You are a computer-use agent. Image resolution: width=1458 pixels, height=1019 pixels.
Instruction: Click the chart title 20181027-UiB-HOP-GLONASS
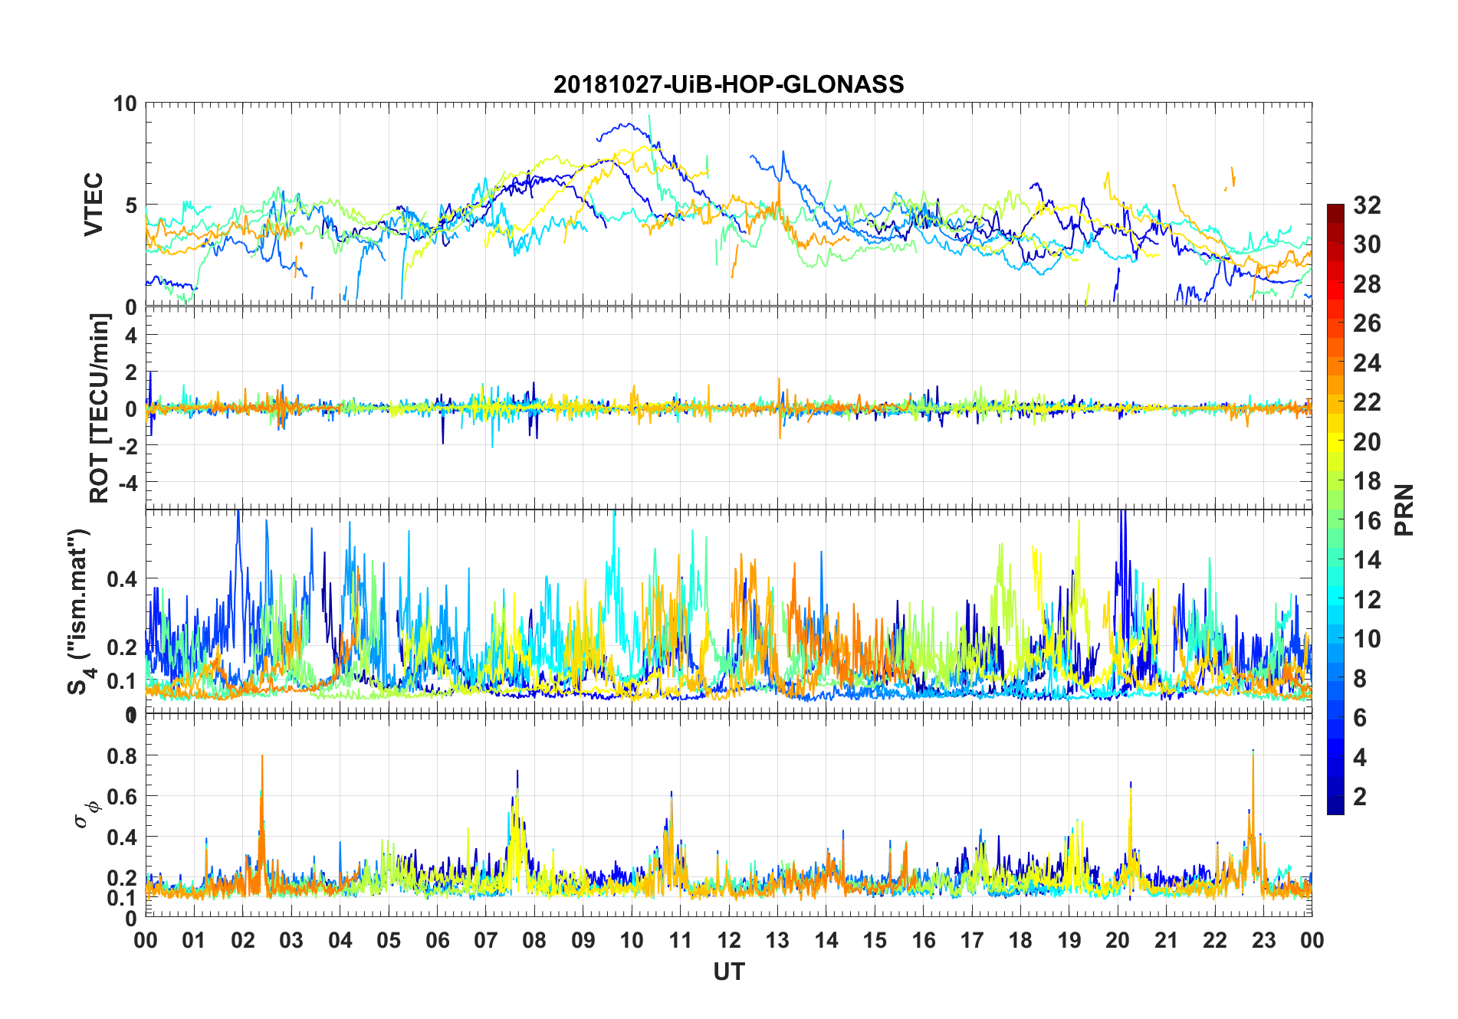[728, 84]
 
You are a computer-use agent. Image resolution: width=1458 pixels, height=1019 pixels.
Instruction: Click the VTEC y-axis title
[94, 205]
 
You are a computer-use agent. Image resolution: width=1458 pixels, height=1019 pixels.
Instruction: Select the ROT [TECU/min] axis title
[100, 408]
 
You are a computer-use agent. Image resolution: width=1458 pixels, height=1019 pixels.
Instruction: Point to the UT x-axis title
[728, 971]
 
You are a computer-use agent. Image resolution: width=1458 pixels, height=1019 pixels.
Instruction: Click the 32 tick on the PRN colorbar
[1367, 205]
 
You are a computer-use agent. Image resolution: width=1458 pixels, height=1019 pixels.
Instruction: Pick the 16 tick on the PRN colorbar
[1367, 521]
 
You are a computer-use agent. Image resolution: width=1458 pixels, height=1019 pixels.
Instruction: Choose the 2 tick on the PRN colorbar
[1360, 797]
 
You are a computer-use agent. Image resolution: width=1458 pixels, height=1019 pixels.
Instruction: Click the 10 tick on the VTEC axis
[125, 104]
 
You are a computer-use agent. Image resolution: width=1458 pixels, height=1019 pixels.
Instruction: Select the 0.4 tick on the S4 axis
[123, 579]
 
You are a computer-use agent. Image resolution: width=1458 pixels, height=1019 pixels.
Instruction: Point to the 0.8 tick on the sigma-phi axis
[123, 756]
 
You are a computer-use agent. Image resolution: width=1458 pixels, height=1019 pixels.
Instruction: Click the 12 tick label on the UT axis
[729, 940]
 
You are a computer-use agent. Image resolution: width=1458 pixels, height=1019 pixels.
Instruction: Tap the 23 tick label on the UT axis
[1263, 940]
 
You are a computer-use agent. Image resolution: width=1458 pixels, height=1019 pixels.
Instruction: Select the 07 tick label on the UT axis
[486, 940]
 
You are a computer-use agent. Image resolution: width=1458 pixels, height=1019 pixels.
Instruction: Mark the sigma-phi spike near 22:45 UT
[1253, 753]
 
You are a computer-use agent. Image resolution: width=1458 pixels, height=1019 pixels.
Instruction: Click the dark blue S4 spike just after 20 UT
[1122, 515]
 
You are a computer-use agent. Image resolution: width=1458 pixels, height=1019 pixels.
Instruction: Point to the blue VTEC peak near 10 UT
[629, 125]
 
